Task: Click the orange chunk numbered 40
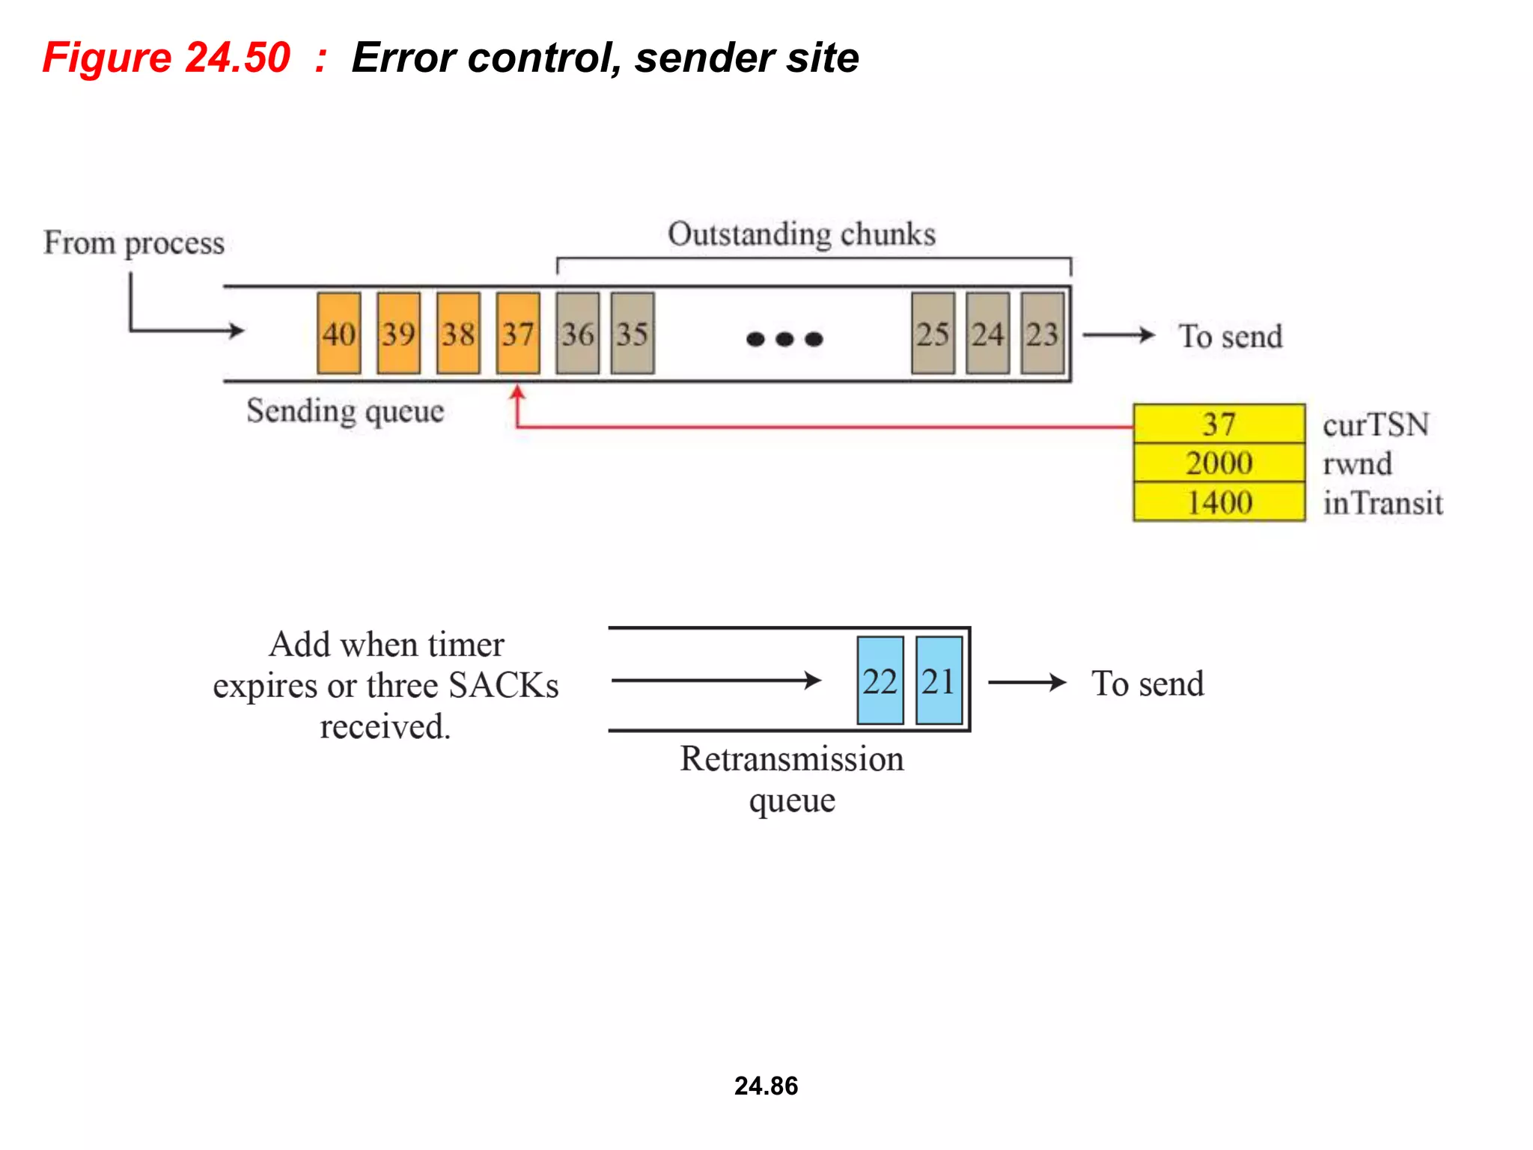[338, 333]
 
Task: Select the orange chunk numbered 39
[398, 333]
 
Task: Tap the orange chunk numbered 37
[518, 333]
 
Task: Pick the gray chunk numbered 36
[577, 333]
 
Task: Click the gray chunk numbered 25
[933, 333]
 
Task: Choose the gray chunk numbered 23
[1043, 333]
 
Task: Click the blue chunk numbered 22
[880, 681]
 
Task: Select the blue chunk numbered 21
[939, 681]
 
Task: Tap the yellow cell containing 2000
[1219, 463]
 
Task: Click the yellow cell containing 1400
[1219, 502]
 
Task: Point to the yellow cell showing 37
[1219, 424]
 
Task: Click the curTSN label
[1376, 425]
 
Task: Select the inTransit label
[1383, 502]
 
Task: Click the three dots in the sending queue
[784, 339]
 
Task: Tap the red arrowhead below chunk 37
[517, 392]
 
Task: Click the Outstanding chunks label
[802, 234]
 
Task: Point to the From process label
[134, 243]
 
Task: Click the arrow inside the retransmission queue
[716, 680]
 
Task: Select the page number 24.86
[766, 1086]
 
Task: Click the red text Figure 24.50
[166, 58]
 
